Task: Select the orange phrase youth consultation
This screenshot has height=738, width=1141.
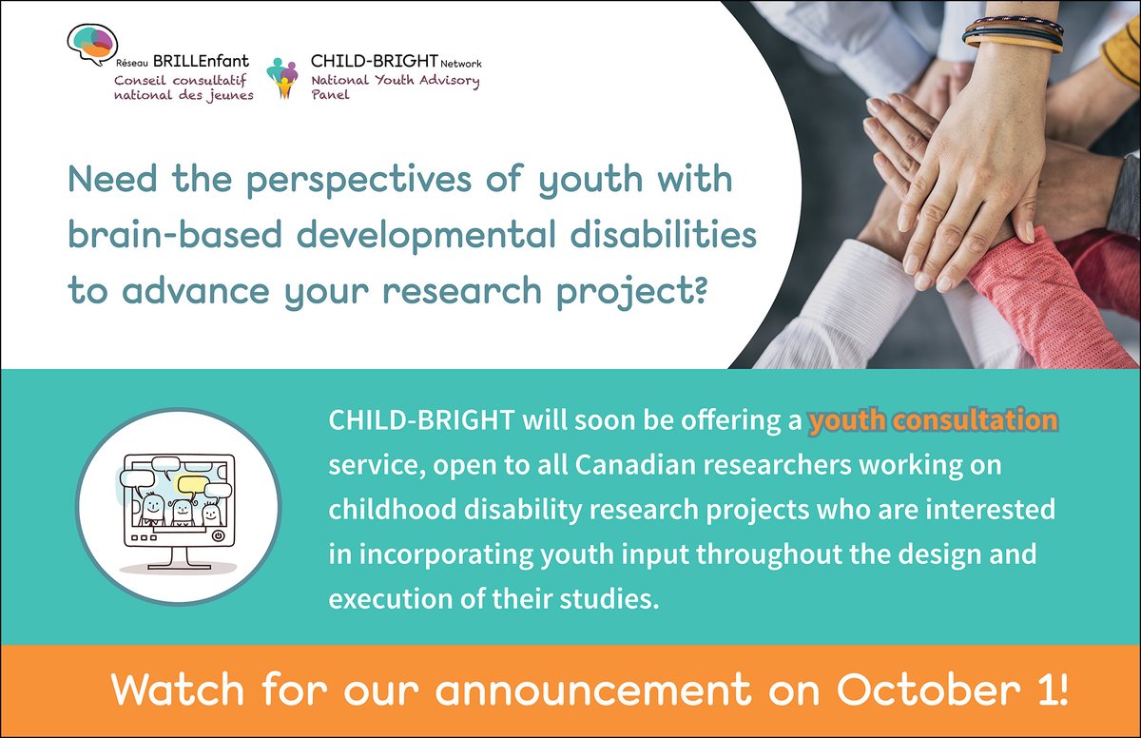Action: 933,420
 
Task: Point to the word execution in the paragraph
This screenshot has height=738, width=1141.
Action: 376,599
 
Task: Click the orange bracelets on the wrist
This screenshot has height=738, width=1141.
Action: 1013,36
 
